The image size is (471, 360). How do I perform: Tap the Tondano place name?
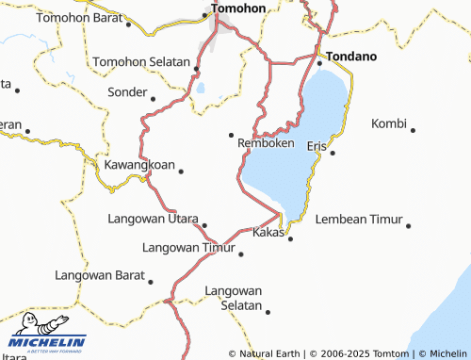click(351, 57)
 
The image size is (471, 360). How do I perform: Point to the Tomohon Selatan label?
click(140, 61)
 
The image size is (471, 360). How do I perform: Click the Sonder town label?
click(127, 92)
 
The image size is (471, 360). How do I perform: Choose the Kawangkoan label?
click(139, 165)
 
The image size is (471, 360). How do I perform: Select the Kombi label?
click(389, 123)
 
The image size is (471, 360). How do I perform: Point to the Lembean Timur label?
click(357, 219)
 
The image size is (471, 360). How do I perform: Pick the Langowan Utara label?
click(153, 219)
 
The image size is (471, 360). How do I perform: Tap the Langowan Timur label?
click(187, 248)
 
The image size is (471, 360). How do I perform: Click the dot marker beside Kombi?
click(413, 129)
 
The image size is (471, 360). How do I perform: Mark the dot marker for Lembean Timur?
click(409, 225)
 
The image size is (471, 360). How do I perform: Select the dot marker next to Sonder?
click(153, 98)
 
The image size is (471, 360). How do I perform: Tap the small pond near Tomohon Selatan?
click(201, 89)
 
